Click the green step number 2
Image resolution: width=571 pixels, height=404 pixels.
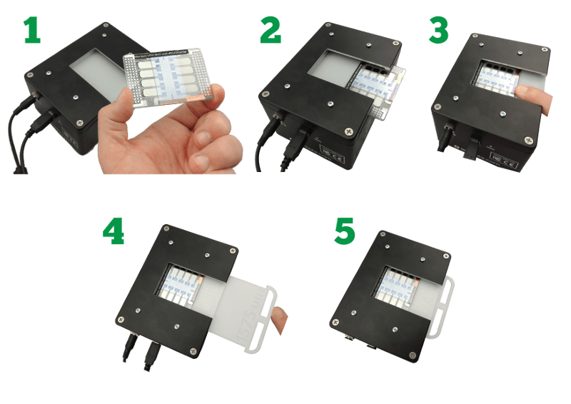272,29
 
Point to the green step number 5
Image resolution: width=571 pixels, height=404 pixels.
345,230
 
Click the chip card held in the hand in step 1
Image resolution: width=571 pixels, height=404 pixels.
168,79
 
